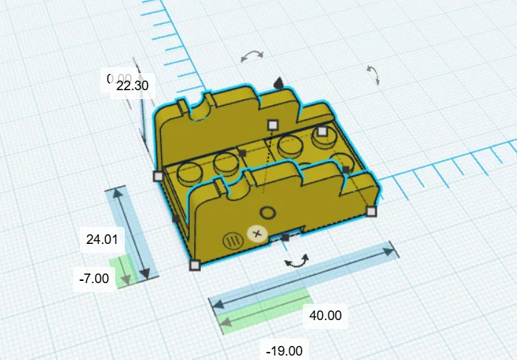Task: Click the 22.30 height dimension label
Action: [133, 86]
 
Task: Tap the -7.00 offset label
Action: [95, 279]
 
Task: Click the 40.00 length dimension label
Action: [325, 315]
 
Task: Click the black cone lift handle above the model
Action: [278, 83]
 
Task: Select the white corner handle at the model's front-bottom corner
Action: [195, 265]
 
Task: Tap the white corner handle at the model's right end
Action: [372, 211]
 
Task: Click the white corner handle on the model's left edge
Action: [157, 176]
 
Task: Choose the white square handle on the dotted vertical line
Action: [273, 124]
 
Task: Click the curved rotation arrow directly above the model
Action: [253, 56]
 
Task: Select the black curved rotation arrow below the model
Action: [298, 260]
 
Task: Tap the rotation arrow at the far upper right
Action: [372, 74]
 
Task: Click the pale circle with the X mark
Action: [257, 234]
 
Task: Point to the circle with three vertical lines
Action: [232, 240]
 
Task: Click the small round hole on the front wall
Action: [268, 214]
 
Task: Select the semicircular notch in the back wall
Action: [199, 109]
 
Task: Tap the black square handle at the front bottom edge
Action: [285, 238]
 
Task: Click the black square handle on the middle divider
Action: [242, 153]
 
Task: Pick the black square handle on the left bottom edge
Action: [176, 219]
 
